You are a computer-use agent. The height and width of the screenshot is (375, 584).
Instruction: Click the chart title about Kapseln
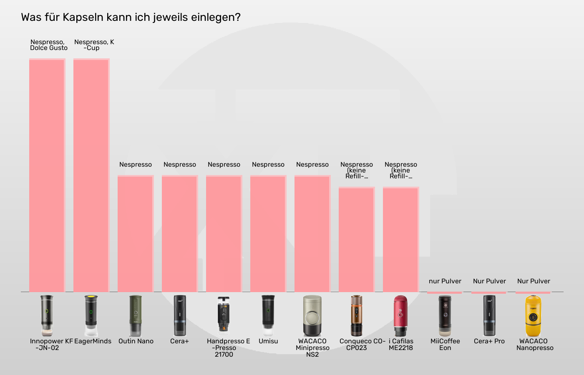click(131, 17)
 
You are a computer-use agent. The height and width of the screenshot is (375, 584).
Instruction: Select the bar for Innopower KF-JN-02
click(47, 175)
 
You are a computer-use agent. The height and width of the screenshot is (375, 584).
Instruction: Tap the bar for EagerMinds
click(91, 175)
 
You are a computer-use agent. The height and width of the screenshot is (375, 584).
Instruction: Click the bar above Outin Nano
click(136, 234)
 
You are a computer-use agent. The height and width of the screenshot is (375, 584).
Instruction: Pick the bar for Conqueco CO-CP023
click(357, 240)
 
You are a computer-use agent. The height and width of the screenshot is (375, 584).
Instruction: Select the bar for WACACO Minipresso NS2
click(312, 234)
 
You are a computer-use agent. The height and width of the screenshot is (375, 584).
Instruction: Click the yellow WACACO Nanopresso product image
click(533, 315)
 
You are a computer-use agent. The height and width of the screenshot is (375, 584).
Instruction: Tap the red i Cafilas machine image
click(400, 315)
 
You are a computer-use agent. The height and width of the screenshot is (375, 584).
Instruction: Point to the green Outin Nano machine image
click(136, 315)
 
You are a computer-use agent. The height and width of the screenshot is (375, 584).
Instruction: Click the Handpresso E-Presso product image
click(224, 315)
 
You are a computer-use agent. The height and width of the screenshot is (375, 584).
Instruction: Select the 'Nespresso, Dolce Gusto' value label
click(48, 45)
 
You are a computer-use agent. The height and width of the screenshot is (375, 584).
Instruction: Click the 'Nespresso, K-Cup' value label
click(94, 45)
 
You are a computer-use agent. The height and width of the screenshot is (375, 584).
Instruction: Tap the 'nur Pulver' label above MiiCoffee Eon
click(445, 281)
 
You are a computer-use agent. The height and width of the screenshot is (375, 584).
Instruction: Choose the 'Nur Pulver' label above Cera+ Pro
click(489, 281)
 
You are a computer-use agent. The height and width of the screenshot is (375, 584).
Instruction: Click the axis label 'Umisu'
click(268, 341)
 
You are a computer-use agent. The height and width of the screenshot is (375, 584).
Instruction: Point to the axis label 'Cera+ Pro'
click(489, 341)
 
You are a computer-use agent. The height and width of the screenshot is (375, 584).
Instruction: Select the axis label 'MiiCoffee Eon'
click(445, 345)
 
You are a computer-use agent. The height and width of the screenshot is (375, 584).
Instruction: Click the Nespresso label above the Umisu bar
click(268, 165)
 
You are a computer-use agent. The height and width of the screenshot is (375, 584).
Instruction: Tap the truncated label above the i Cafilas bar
click(401, 170)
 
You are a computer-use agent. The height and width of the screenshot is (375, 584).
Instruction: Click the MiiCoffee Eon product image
click(445, 315)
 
